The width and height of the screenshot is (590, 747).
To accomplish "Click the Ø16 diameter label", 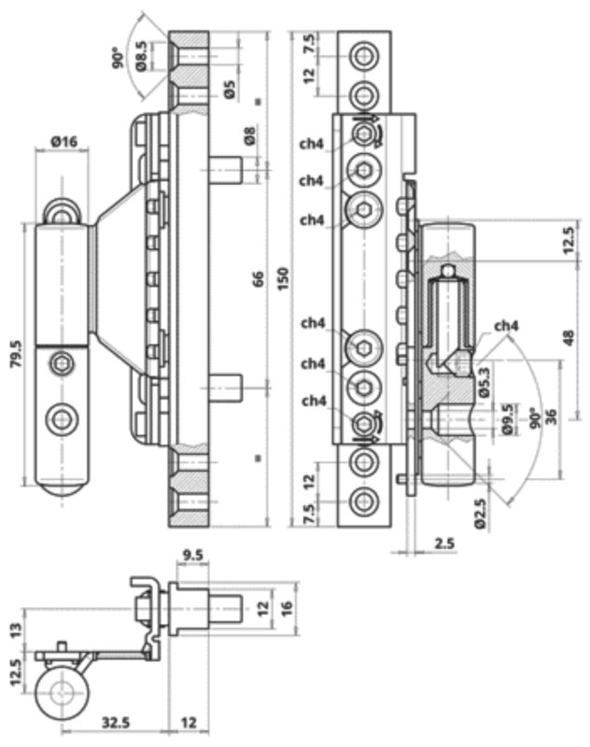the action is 63,142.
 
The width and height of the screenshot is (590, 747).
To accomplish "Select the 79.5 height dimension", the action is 16,354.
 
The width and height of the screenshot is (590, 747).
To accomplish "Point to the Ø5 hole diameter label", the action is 230,90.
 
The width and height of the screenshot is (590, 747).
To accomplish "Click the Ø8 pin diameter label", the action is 249,135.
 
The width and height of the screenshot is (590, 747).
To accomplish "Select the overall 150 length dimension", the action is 283,279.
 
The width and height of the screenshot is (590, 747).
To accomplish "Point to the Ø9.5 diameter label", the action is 508,419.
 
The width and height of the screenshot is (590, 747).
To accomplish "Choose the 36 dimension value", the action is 551,416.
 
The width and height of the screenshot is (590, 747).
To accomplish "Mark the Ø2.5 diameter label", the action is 481,514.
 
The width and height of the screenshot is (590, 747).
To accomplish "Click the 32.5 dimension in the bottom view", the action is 116,722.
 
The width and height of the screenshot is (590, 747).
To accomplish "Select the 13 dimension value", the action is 16,631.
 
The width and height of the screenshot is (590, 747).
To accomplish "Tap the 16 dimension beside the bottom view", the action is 287,609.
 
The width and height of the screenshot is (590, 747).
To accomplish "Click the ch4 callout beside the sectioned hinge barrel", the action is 506,326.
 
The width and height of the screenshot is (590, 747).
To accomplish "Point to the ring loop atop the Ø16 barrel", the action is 62,210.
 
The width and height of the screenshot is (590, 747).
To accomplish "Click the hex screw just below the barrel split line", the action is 62,364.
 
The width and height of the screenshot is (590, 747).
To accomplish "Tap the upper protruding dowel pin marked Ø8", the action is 226,170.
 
